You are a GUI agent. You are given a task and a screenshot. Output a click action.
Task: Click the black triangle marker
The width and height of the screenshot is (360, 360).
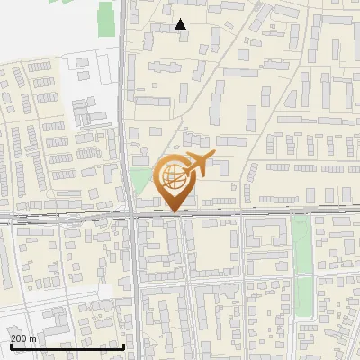point(181,25)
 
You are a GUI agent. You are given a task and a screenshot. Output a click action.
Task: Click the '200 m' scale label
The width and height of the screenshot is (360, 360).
point(23,337)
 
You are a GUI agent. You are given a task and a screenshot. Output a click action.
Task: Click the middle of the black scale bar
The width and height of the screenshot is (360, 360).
point(67,346)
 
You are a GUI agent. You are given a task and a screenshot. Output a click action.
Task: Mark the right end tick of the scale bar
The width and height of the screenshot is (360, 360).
point(123,345)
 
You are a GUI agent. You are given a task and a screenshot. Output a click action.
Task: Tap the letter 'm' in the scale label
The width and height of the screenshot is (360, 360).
point(33,337)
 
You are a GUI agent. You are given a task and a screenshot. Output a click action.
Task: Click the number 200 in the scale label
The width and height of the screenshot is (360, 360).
point(19,337)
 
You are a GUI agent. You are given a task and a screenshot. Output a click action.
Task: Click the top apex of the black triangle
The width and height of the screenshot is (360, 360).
point(181,20)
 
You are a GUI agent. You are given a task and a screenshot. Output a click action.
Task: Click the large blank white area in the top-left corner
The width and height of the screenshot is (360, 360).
point(45,27)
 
